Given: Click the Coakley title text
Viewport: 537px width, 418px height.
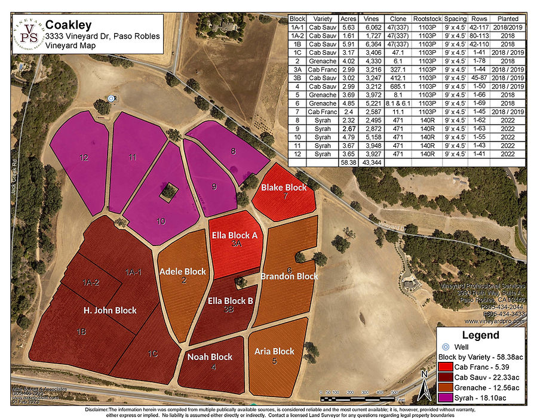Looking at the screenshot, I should click(69, 25).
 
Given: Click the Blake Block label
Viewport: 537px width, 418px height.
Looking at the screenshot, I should click(284, 188).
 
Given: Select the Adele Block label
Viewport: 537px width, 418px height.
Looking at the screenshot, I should click(183, 272).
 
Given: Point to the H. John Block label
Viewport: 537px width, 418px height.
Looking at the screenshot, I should click(110, 311).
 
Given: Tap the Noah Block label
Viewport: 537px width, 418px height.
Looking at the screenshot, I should click(210, 357).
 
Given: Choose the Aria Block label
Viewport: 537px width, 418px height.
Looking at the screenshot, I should click(275, 351).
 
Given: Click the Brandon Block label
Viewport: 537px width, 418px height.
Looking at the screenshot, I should click(289, 276).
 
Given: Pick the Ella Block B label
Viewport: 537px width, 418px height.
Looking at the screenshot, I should click(230, 300).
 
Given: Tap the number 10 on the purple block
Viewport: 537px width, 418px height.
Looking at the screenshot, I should click(161, 221).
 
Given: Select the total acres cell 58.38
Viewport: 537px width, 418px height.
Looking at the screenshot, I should click(348, 162).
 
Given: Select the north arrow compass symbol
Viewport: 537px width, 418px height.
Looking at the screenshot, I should click(423, 386).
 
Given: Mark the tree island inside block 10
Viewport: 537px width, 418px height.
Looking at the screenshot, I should click(169, 192).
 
